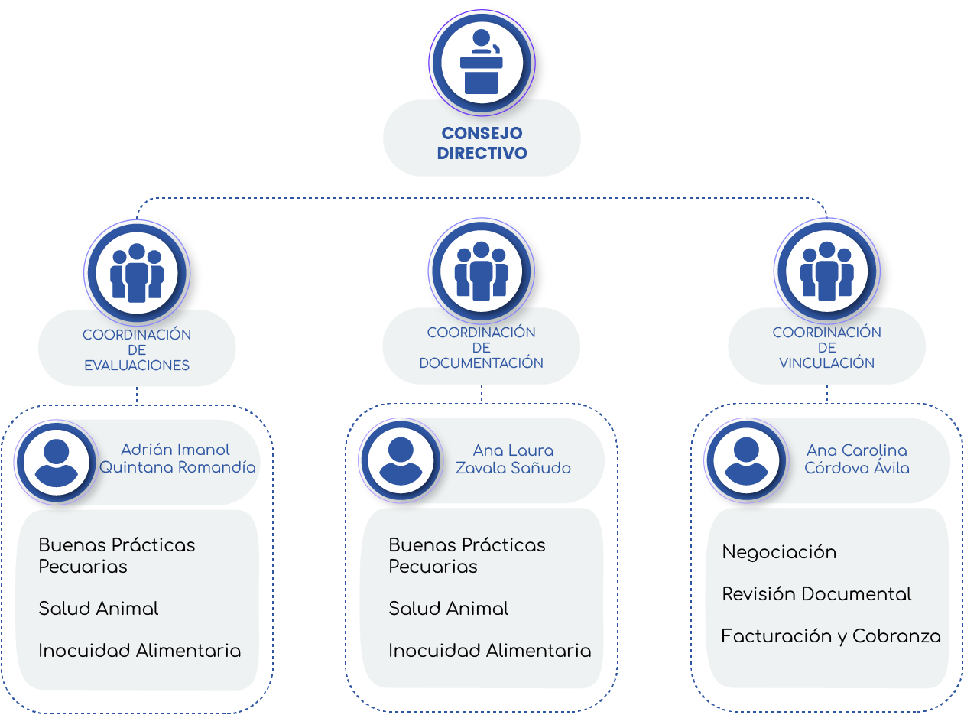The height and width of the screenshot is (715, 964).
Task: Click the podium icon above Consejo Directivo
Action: tap(482, 63)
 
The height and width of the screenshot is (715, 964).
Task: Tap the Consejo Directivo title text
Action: tap(482, 143)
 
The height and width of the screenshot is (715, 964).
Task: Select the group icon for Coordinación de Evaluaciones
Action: tap(137, 272)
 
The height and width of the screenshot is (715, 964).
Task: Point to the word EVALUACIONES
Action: tap(137, 366)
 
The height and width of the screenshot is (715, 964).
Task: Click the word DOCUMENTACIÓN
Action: tap(481, 363)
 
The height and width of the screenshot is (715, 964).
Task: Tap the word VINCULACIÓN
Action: tap(826, 363)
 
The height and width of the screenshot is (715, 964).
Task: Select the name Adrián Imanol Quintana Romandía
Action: tap(177, 459)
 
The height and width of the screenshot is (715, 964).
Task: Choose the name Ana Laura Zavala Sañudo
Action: tap(513, 459)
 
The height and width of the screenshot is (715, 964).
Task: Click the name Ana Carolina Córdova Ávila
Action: tap(857, 459)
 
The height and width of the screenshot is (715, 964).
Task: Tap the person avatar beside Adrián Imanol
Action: tap(56, 461)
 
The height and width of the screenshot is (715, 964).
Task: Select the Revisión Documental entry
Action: tap(816, 594)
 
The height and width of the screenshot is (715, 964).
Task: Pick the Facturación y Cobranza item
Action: tap(831, 636)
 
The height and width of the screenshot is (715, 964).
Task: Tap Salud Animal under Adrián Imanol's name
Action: tap(99, 609)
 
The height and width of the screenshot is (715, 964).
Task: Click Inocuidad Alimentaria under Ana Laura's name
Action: tap(489, 651)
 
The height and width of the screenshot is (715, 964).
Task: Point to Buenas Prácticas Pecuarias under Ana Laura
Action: tap(466, 556)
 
